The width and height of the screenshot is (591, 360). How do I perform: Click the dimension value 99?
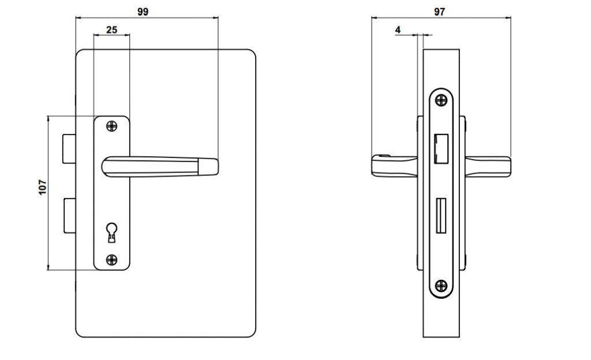[143, 11]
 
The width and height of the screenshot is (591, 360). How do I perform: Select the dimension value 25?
[111, 29]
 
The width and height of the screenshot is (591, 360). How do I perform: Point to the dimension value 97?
[440, 11]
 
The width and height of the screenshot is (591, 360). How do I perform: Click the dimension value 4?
[398, 29]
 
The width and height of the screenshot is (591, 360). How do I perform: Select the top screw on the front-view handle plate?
[111, 125]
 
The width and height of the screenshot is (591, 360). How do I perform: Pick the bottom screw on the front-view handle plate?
[111, 259]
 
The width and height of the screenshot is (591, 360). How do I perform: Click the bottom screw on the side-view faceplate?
[442, 285]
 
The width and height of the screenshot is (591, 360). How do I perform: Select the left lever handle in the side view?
[392, 166]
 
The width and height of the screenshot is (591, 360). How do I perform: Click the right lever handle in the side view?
[488, 166]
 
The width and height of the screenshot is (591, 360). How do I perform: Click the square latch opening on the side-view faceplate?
[442, 148]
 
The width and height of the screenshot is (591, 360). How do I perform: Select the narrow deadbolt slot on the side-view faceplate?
[442, 215]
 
